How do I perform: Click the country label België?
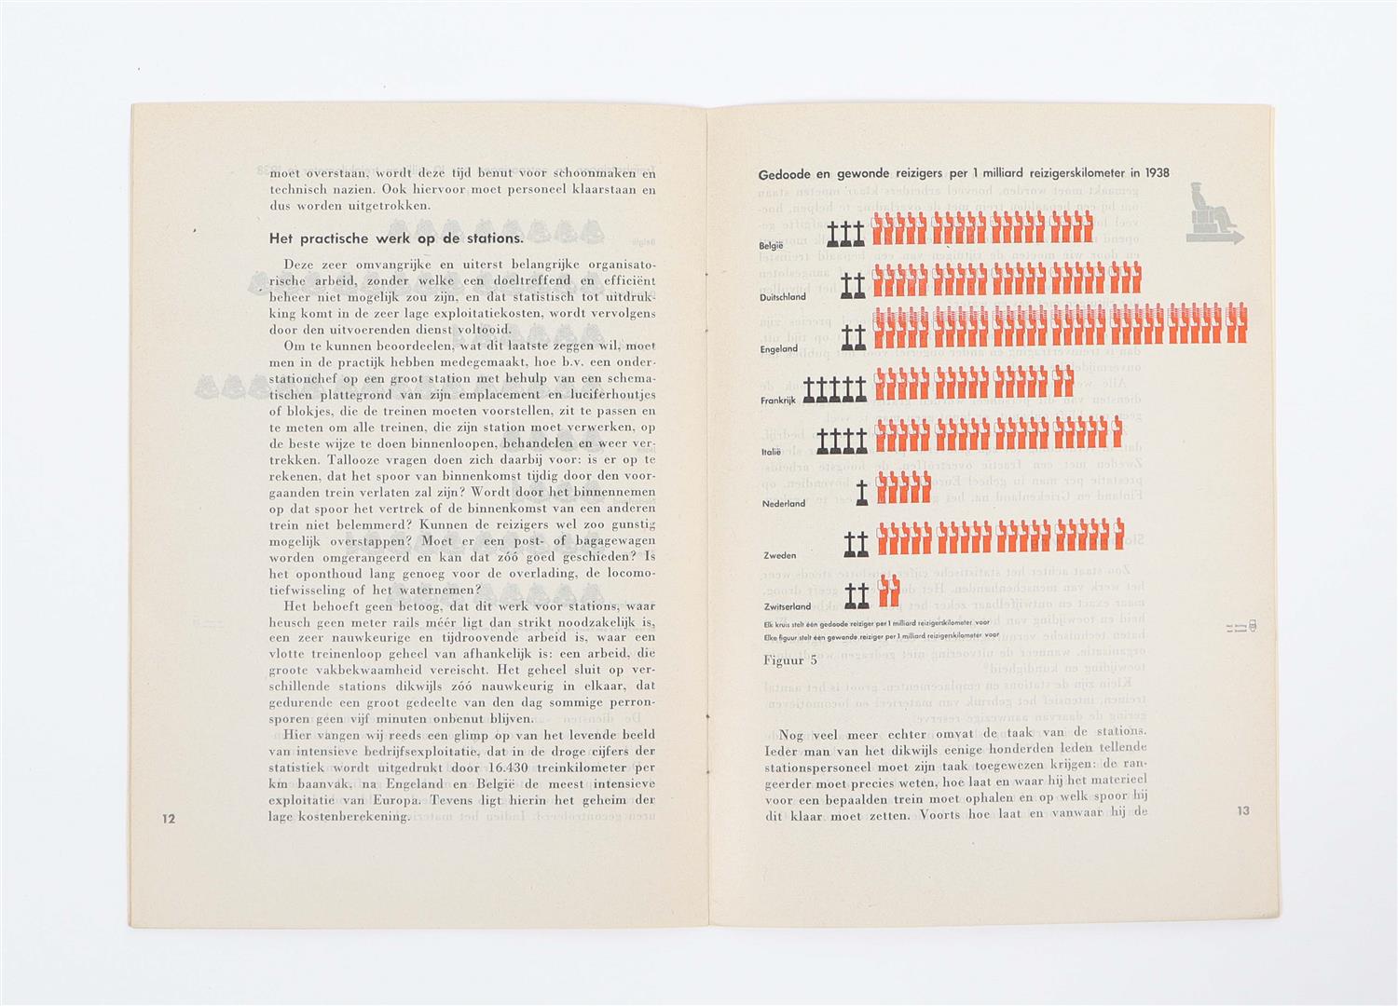tap(772, 245)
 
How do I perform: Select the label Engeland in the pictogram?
tap(779, 348)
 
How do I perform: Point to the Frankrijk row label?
tap(779, 401)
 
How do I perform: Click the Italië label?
tap(770, 452)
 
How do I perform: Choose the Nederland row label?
tap(783, 504)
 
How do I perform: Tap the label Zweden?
tap(780, 555)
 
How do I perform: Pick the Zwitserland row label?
tap(787, 606)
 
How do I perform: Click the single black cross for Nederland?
tap(861, 491)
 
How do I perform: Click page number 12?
tap(169, 819)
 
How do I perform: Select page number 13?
tap(1243, 810)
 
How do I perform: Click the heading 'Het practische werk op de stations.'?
tap(397, 239)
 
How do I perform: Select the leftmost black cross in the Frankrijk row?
tap(811, 388)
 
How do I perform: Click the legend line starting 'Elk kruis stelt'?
tap(876, 621)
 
